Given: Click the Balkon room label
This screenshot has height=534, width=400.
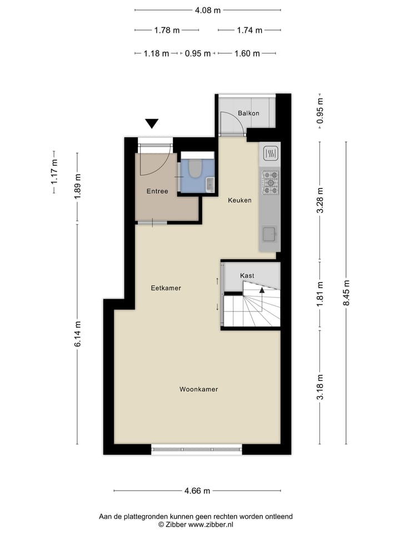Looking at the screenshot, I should (248, 113).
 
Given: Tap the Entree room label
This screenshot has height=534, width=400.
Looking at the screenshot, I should (157, 191).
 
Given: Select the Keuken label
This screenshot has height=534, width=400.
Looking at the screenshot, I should (240, 200).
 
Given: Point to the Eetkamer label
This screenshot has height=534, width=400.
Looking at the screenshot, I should (166, 288).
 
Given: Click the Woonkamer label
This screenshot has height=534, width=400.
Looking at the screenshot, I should (198, 389).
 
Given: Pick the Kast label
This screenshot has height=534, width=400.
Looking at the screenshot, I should (247, 276).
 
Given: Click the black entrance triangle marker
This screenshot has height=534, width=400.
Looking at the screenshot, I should (152, 123).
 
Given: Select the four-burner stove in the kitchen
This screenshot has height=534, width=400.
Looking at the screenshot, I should (271, 182).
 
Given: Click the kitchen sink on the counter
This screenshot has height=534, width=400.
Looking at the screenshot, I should (270, 234).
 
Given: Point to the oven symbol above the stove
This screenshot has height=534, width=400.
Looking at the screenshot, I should (271, 154).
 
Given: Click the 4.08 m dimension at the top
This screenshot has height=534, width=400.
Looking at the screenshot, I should (208, 9).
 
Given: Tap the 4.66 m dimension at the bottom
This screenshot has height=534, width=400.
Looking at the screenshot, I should (197, 491).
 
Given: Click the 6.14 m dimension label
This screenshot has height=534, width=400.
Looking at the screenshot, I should (77, 334).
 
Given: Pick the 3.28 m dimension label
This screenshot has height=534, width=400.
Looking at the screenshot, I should (319, 200).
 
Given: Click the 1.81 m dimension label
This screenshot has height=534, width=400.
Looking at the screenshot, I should (319, 295).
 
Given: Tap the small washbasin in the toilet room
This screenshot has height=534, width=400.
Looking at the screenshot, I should (209, 184).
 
